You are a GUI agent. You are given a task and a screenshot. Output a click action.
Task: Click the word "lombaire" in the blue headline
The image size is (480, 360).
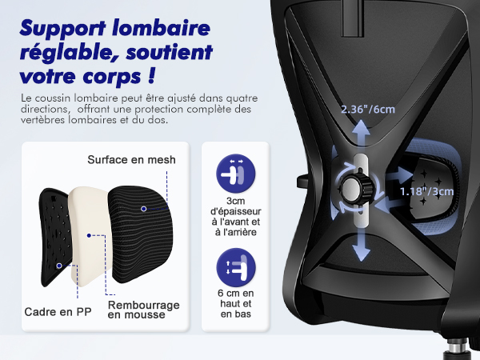click(161, 28)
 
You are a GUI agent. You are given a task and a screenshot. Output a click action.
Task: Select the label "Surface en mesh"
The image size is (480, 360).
click(132, 159)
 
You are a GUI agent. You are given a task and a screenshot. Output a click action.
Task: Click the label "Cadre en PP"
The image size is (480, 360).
click(58, 312)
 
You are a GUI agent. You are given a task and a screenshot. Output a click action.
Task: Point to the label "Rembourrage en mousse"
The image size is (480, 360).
click(143, 310)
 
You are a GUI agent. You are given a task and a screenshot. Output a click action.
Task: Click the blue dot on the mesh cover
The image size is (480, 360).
click(143, 209)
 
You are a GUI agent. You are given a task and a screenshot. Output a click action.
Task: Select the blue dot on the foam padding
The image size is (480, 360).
click(89, 235)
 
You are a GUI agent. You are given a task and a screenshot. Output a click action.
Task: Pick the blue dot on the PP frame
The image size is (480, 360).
click(59, 266)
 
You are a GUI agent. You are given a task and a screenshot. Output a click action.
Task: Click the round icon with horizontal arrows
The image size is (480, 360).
click(236, 174)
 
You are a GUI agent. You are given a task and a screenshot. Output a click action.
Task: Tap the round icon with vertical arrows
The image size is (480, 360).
click(236, 267)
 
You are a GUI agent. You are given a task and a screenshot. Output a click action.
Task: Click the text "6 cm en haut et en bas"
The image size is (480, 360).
click(236, 303)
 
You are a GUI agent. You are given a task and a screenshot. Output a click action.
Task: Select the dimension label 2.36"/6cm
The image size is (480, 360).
click(368, 109)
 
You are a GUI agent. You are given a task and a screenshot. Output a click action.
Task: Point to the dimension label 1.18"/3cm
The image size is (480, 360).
click(426, 191)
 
